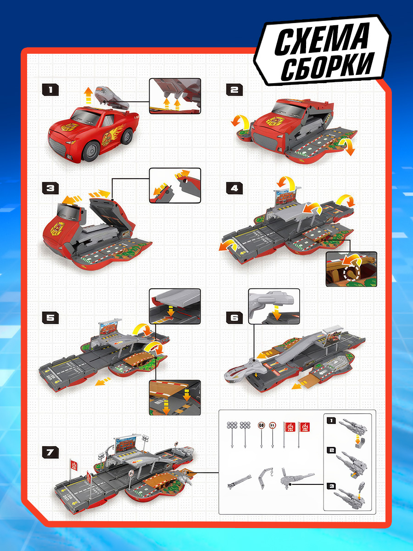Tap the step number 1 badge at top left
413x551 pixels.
click(x=50, y=90)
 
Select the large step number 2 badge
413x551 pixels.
click(x=234, y=90)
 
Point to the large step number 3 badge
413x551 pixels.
click(x=50, y=188)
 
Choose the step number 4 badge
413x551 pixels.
click(x=234, y=188)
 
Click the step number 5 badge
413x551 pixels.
click(x=50, y=318)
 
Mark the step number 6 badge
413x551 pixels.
click(x=234, y=318)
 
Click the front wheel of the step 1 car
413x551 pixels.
click(x=92, y=151)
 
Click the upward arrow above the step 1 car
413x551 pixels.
click(x=88, y=96)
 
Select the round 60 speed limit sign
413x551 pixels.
click(x=261, y=425)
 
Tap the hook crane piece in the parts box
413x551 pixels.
click(x=265, y=478)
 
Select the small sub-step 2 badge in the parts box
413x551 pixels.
click(x=331, y=450)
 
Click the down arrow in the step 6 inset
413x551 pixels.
click(x=277, y=314)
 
